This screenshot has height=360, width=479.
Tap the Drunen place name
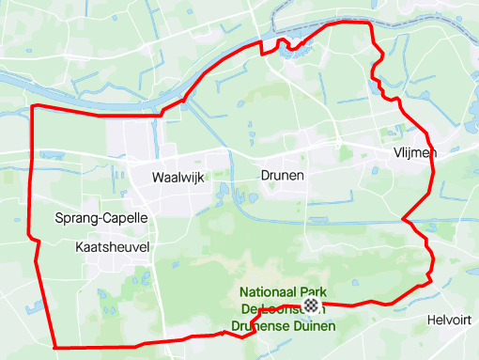(283, 175)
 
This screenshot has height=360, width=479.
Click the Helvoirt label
(448, 320)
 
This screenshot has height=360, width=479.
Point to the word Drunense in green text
(255, 328)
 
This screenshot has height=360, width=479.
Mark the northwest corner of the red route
(34, 106)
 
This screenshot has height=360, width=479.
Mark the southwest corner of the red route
(54, 347)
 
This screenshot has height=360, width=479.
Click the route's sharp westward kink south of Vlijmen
(404, 220)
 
